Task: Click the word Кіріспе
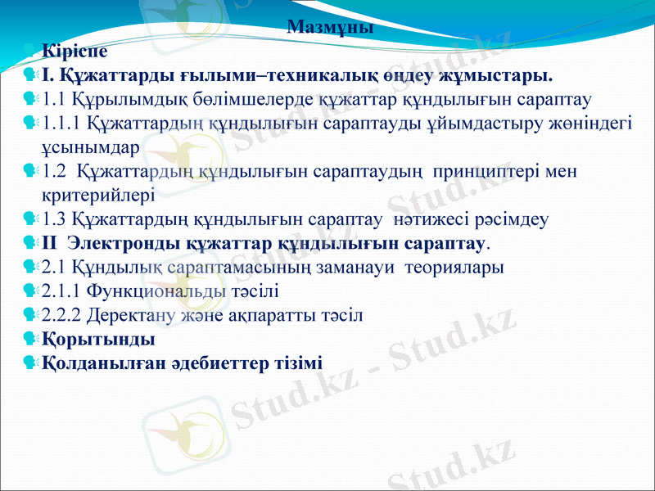pyautogui.click(x=75, y=52)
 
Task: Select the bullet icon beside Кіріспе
pyautogui.click(x=29, y=52)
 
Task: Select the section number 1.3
pyautogui.click(x=54, y=219)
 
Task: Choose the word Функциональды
pyautogui.click(x=156, y=291)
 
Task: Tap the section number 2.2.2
pyautogui.click(x=62, y=314)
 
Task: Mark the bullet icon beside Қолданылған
pyautogui.click(x=29, y=362)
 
